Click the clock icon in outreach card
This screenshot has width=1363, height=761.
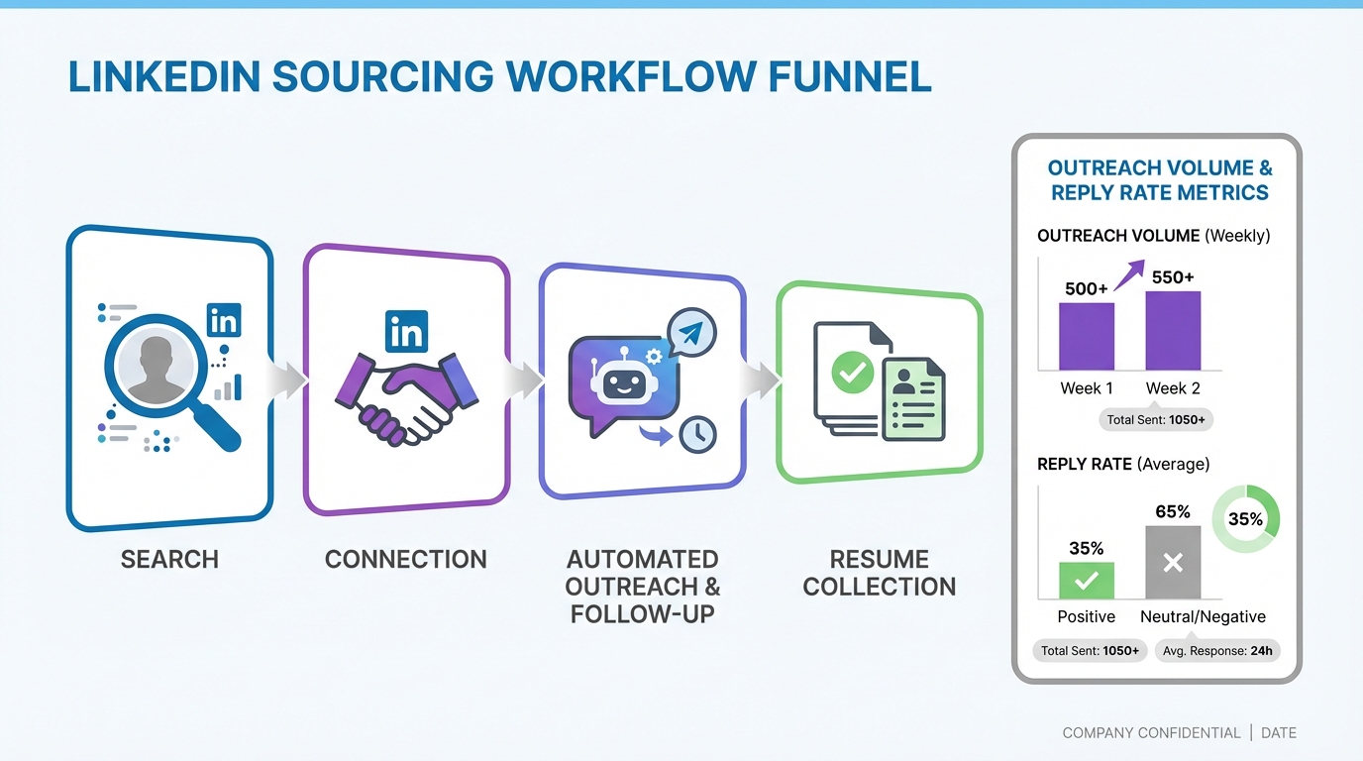tap(698, 435)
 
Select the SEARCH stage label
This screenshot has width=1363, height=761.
tap(169, 559)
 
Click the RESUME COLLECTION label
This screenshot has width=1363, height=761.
tap(879, 573)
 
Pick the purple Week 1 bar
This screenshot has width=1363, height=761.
tap(1087, 336)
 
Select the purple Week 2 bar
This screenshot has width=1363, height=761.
tap(1173, 330)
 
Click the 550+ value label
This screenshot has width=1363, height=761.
tap(1173, 277)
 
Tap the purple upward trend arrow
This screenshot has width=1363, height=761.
tap(1129, 274)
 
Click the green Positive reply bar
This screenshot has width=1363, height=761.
tap(1087, 581)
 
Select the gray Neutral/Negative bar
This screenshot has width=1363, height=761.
tap(1173, 562)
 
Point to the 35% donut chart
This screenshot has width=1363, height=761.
tap(1245, 518)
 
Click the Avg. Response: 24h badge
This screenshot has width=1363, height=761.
tap(1217, 651)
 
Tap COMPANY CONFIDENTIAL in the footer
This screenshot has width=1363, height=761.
tap(1151, 733)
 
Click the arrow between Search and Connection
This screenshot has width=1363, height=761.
tap(288, 380)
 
